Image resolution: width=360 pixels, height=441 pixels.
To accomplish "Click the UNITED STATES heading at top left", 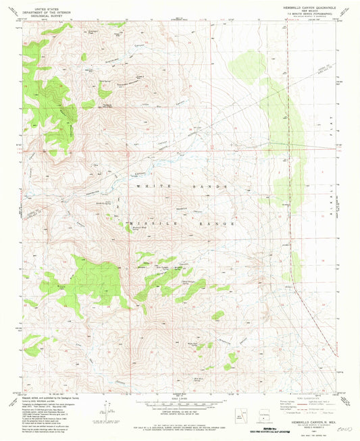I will click(x=43, y=5).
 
